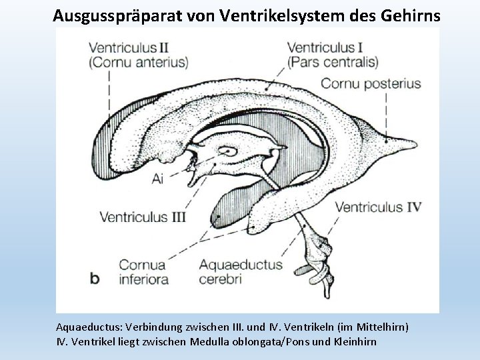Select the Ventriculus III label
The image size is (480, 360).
142,217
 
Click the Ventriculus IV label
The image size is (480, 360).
378,207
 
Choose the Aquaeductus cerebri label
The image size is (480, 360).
240,271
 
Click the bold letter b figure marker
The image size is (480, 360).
95,277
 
